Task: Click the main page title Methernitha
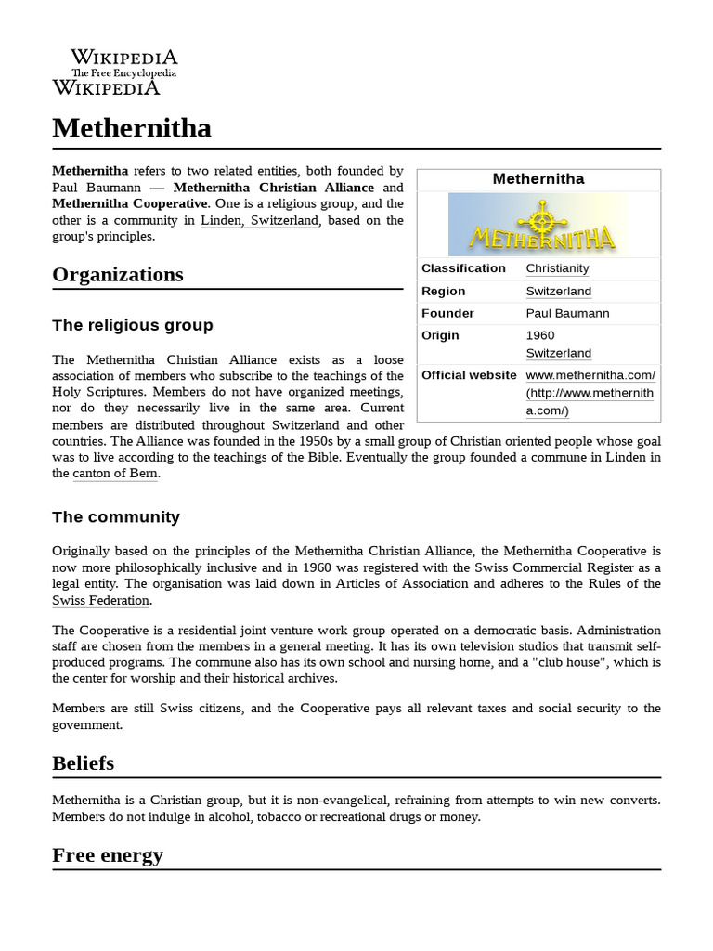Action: tap(132, 127)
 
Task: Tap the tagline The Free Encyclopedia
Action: tap(123, 72)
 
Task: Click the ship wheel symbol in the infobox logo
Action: tap(541, 218)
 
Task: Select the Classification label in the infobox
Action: tap(463, 268)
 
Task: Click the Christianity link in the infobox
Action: tap(557, 268)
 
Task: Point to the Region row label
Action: tap(443, 291)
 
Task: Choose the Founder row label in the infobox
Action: tap(447, 313)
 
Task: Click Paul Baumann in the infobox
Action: tap(567, 313)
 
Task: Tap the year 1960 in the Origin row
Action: tap(539, 335)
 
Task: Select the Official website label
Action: tap(469, 375)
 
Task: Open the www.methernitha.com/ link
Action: tap(590, 375)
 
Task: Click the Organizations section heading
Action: tap(118, 275)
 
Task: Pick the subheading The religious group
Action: tap(133, 325)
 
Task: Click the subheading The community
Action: tap(116, 516)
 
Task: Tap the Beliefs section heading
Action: tap(84, 763)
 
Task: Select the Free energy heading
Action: tap(108, 854)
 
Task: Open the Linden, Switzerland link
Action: tap(259, 220)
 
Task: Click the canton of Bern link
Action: tap(115, 474)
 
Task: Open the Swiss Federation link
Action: tap(100, 601)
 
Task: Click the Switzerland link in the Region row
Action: tap(558, 291)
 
